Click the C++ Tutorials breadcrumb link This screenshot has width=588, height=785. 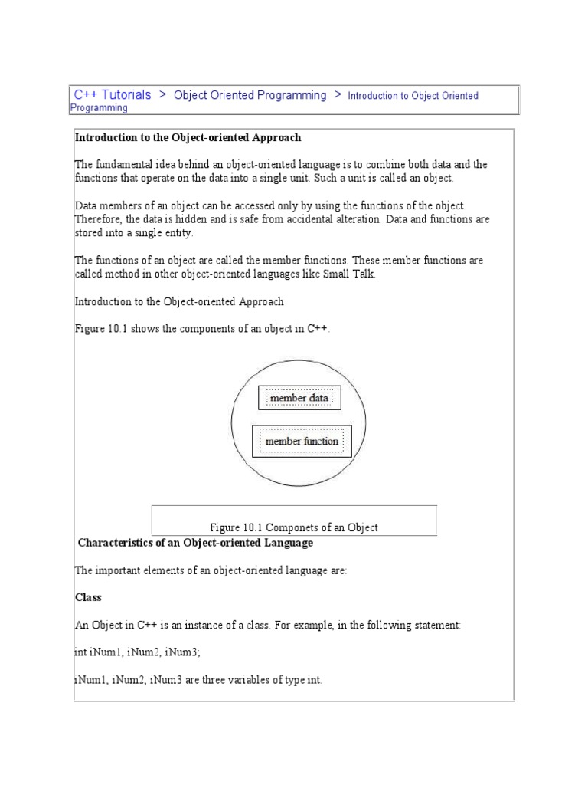(x=113, y=95)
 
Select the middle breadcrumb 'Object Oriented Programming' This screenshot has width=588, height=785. (x=250, y=95)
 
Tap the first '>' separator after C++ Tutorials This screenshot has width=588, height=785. (x=162, y=95)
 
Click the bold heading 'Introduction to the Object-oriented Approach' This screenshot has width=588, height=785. (x=188, y=138)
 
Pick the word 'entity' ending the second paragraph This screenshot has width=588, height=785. (x=178, y=233)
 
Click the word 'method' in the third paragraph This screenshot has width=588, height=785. (x=122, y=274)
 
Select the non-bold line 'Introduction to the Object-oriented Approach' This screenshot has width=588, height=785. (x=178, y=302)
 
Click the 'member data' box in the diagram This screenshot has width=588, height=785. (x=299, y=398)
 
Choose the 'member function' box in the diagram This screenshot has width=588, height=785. (x=302, y=442)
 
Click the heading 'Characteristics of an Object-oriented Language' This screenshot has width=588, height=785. (x=196, y=543)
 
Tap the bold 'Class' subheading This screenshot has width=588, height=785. (x=88, y=597)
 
